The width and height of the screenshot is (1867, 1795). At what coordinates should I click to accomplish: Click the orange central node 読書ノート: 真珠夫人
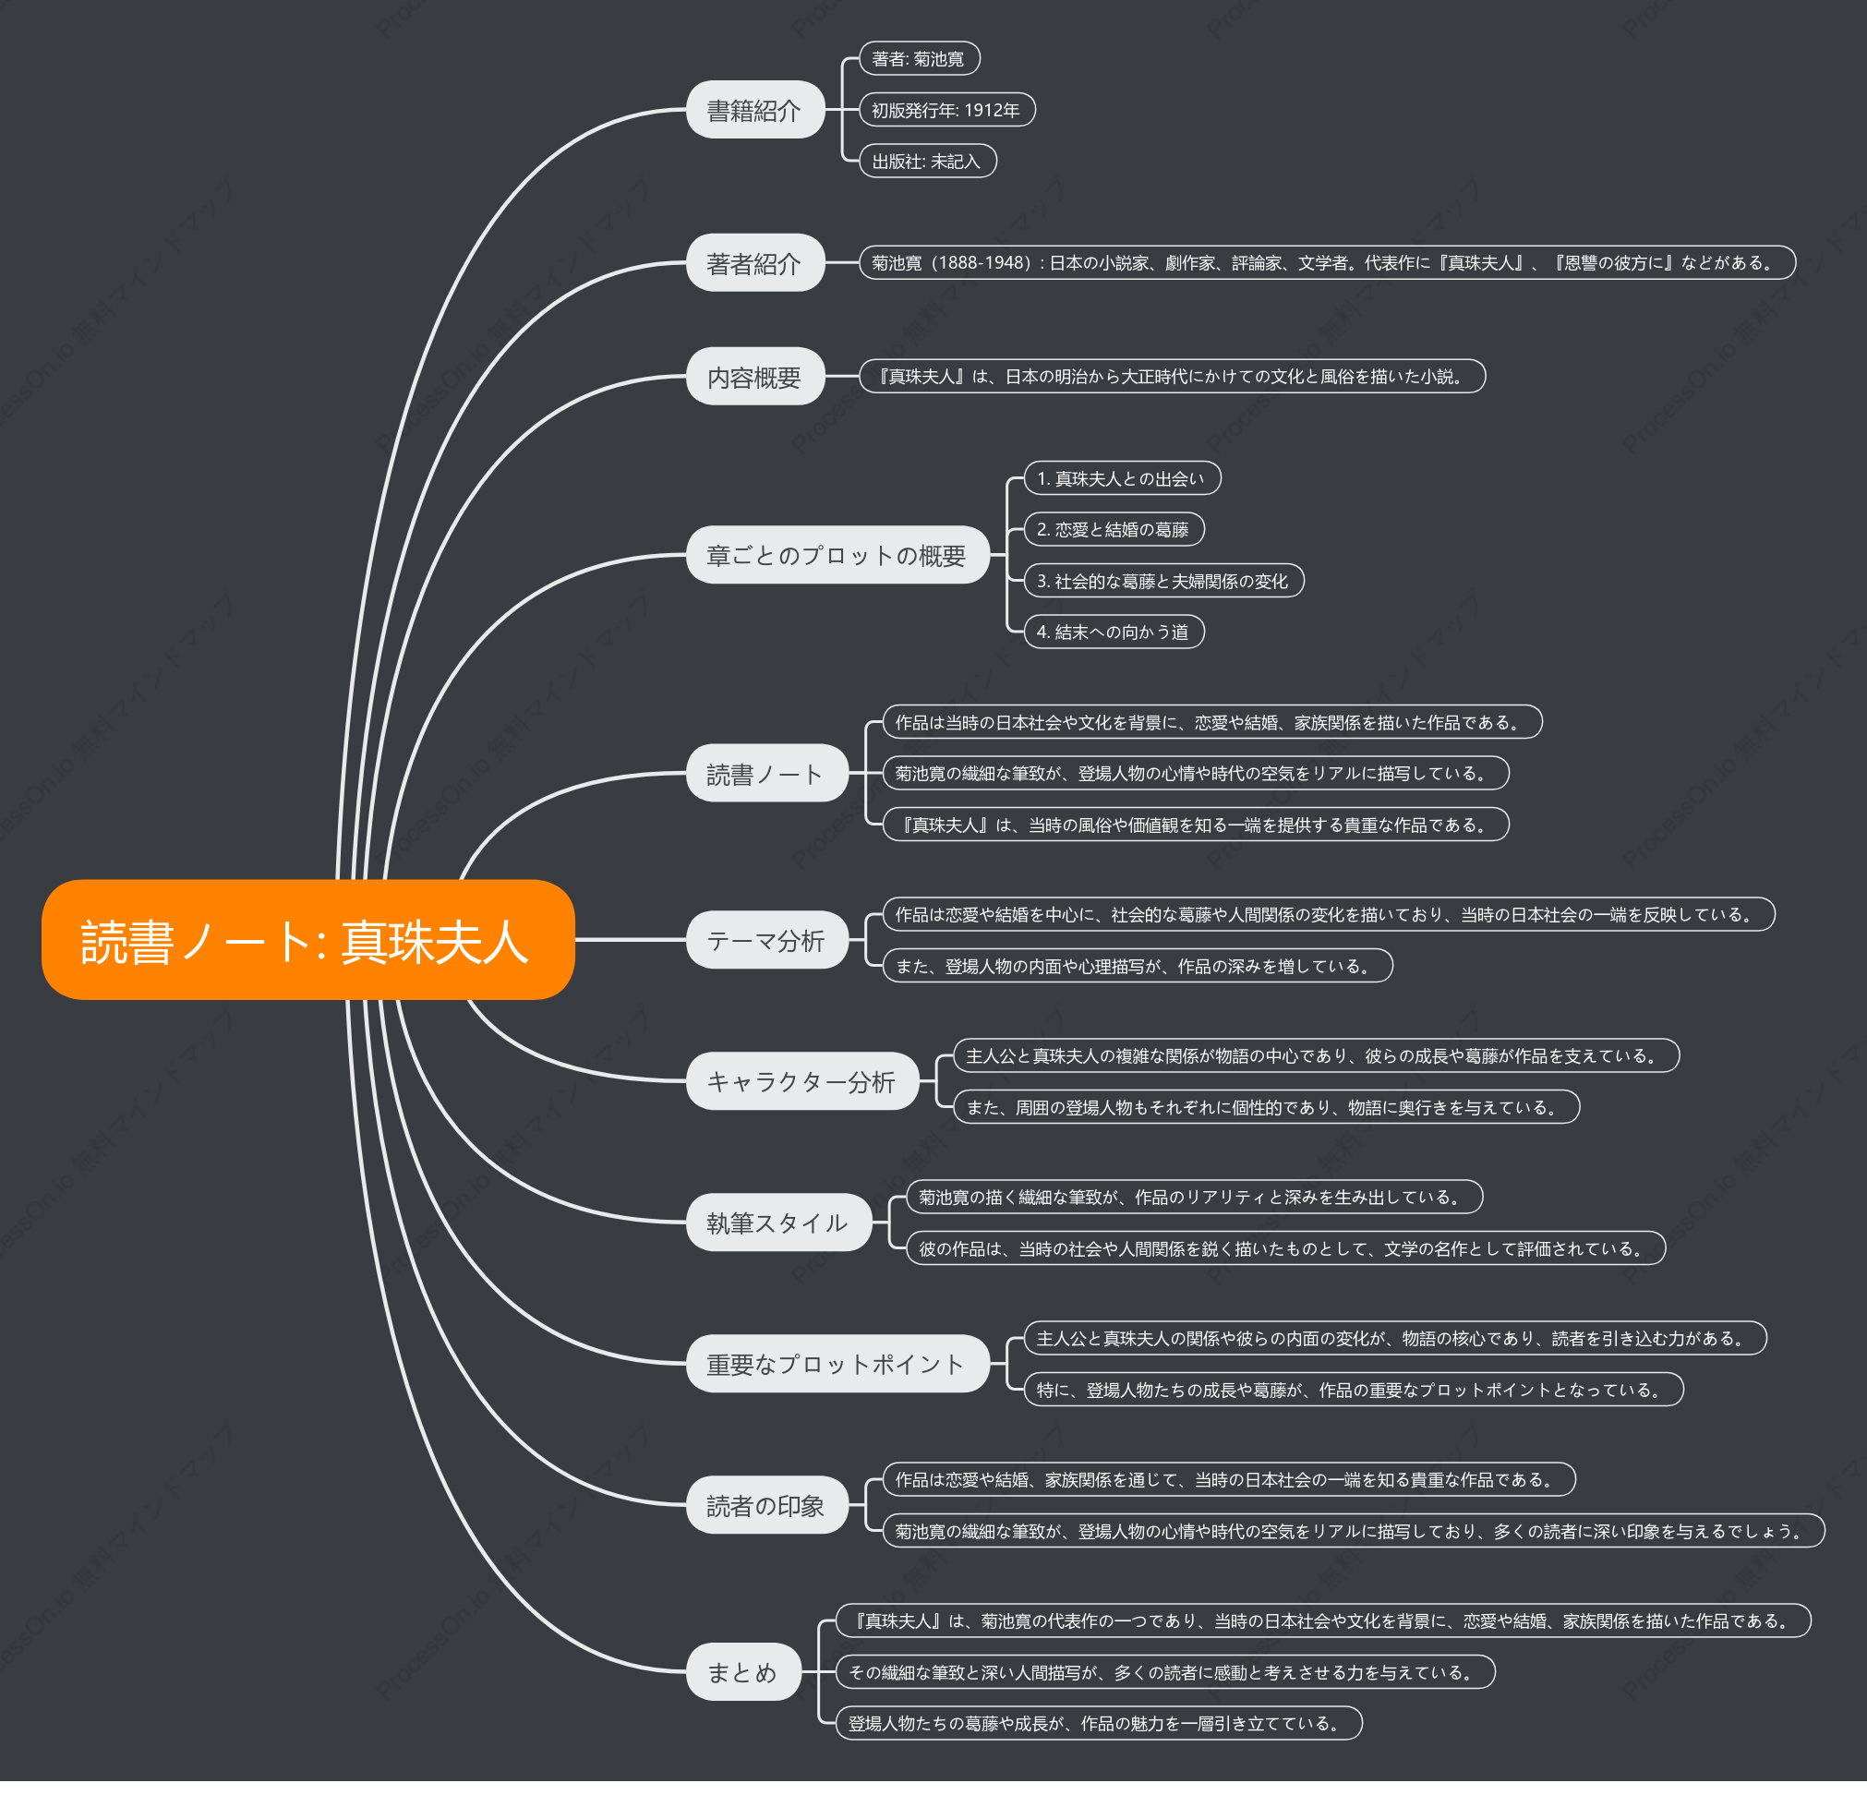tap(307, 939)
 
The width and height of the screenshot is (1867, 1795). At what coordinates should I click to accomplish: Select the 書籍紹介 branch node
tap(755, 110)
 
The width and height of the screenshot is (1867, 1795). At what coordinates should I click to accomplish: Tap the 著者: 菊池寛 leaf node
tap(920, 58)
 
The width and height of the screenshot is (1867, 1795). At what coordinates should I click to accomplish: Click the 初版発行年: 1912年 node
tap(946, 110)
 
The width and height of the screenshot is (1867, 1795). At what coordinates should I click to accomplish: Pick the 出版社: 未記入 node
tap(928, 161)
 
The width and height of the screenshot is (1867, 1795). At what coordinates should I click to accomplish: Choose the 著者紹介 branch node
tap(755, 262)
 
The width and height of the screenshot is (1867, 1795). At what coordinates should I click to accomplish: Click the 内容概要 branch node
tap(755, 377)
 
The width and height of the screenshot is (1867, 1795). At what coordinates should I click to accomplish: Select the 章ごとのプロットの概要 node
tap(838, 555)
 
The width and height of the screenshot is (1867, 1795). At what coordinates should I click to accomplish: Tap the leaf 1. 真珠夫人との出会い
tap(1122, 478)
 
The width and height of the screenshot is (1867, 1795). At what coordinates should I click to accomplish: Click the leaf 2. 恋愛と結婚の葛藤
tap(1114, 529)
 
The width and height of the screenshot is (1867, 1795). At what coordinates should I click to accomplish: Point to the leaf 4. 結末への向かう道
tap(1114, 632)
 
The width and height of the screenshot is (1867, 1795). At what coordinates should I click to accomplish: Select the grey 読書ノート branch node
tap(767, 773)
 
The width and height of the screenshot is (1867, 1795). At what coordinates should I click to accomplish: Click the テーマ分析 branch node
tap(767, 939)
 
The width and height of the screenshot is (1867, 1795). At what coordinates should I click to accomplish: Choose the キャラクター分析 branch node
tap(803, 1080)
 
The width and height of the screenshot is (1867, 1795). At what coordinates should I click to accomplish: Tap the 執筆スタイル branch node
tap(779, 1222)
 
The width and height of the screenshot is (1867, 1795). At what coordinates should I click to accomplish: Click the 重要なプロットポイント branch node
tap(838, 1364)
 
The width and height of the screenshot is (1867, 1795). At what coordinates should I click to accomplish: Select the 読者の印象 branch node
tap(767, 1504)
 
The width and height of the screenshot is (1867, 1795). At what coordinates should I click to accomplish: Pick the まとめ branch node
tap(744, 1671)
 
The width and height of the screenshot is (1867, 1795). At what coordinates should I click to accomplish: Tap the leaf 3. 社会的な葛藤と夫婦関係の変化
tap(1164, 580)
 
